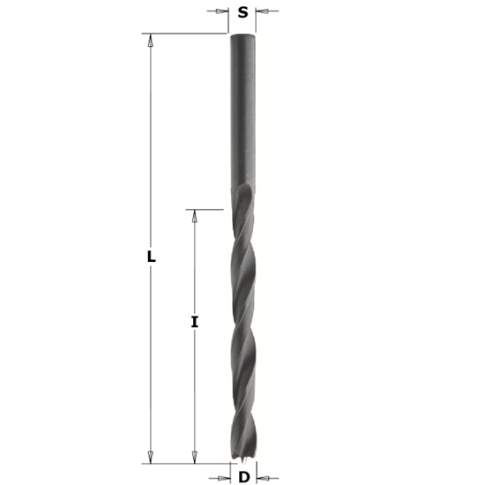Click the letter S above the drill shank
pyautogui.click(x=242, y=12)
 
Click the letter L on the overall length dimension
pyautogui.click(x=151, y=257)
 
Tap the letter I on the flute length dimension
pyautogui.click(x=194, y=323)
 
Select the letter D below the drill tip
pyautogui.click(x=243, y=477)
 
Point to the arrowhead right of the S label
pyautogui.click(x=261, y=11)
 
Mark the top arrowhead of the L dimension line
pyautogui.click(x=151, y=40)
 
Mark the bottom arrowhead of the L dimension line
pyautogui.click(x=151, y=457)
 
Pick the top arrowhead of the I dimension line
pyautogui.click(x=194, y=216)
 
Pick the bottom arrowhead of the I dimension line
pyautogui.click(x=194, y=457)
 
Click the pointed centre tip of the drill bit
pyautogui.click(x=242, y=463)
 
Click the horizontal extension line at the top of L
pyautogui.click(x=185, y=34)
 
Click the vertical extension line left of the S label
pyautogui.click(x=228, y=19)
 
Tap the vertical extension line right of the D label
pyautogui.click(x=256, y=473)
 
